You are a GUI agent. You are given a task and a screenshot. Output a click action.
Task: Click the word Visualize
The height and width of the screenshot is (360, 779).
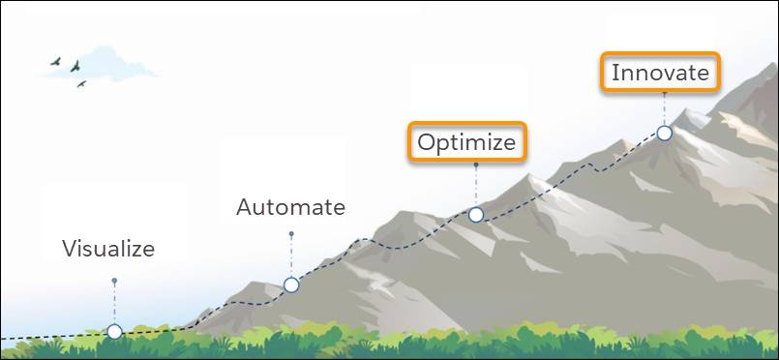108,249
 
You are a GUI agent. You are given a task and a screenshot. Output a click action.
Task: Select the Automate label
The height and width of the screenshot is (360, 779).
290,207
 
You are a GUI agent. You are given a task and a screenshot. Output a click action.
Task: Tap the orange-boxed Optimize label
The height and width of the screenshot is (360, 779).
466,142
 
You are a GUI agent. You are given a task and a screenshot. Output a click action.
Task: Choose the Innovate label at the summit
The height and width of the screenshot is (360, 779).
660,74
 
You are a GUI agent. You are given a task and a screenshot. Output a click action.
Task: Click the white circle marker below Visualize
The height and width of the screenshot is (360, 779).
114,331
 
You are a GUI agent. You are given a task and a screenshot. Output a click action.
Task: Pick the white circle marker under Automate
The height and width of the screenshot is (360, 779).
290,285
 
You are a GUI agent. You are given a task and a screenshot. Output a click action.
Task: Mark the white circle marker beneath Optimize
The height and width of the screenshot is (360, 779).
476,215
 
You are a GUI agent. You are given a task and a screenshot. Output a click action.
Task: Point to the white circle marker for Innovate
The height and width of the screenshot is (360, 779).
664,133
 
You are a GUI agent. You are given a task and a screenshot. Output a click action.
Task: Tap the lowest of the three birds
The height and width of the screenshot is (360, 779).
81,84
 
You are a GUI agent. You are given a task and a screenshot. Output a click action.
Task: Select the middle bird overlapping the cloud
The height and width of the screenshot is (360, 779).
75,66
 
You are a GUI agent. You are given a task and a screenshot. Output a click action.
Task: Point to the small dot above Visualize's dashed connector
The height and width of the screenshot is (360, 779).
114,281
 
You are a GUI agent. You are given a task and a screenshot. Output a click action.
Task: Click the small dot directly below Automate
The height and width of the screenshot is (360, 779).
290,233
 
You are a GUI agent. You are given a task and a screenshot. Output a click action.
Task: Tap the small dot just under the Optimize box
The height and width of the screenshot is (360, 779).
476,165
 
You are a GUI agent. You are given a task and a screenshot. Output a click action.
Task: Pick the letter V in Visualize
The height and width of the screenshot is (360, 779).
70,249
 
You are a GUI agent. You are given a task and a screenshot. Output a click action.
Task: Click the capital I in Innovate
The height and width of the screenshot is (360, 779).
615,74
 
